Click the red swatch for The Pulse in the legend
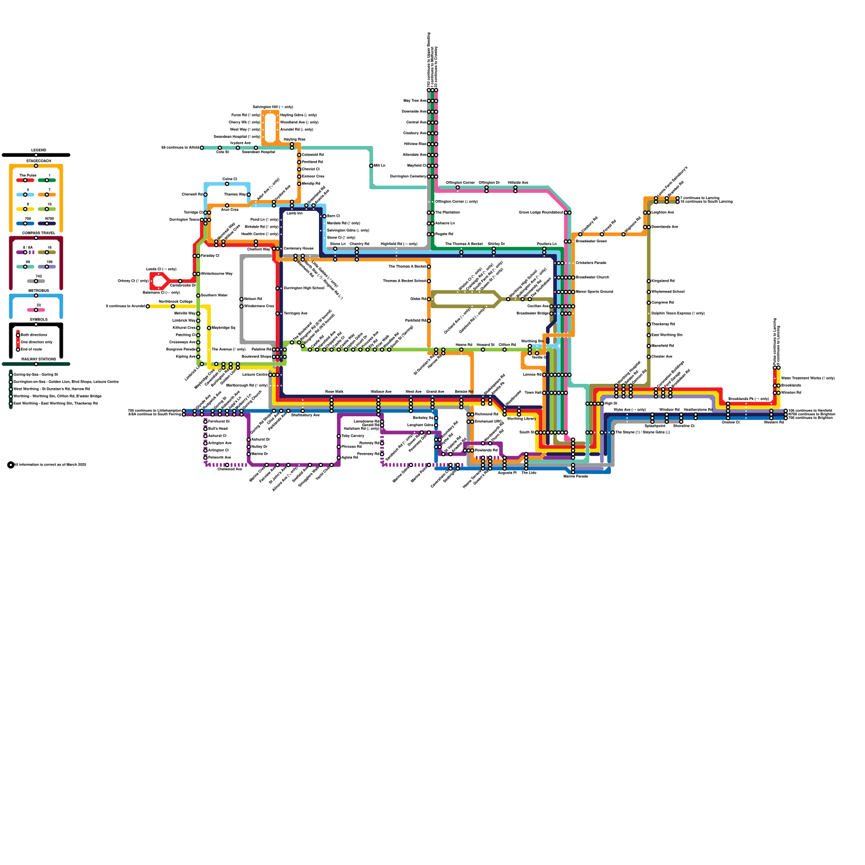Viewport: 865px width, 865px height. (25, 180)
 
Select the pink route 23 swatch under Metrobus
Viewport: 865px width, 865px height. (36, 310)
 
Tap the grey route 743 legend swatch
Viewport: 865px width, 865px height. (36, 281)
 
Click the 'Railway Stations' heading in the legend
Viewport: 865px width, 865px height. (38, 359)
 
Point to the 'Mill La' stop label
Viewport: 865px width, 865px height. (380, 165)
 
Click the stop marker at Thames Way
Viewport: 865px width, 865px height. (249, 195)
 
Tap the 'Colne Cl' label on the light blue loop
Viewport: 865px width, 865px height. (230, 179)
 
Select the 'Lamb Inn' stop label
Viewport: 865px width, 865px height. (295, 213)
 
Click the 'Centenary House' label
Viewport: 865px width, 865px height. (298, 249)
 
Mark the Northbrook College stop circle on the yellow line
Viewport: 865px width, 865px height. (173, 307)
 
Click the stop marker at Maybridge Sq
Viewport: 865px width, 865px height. (209, 328)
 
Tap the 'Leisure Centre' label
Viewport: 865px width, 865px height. (255, 375)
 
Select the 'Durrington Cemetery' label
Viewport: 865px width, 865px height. (408, 176)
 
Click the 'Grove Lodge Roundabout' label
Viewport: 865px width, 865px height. (541, 212)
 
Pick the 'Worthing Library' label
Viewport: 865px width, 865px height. (522, 418)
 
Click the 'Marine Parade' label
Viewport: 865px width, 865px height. (575, 476)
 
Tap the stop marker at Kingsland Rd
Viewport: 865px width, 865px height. (649, 281)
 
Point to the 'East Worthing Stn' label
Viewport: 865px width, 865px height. (667, 335)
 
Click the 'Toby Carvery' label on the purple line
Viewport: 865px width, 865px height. (353, 436)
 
